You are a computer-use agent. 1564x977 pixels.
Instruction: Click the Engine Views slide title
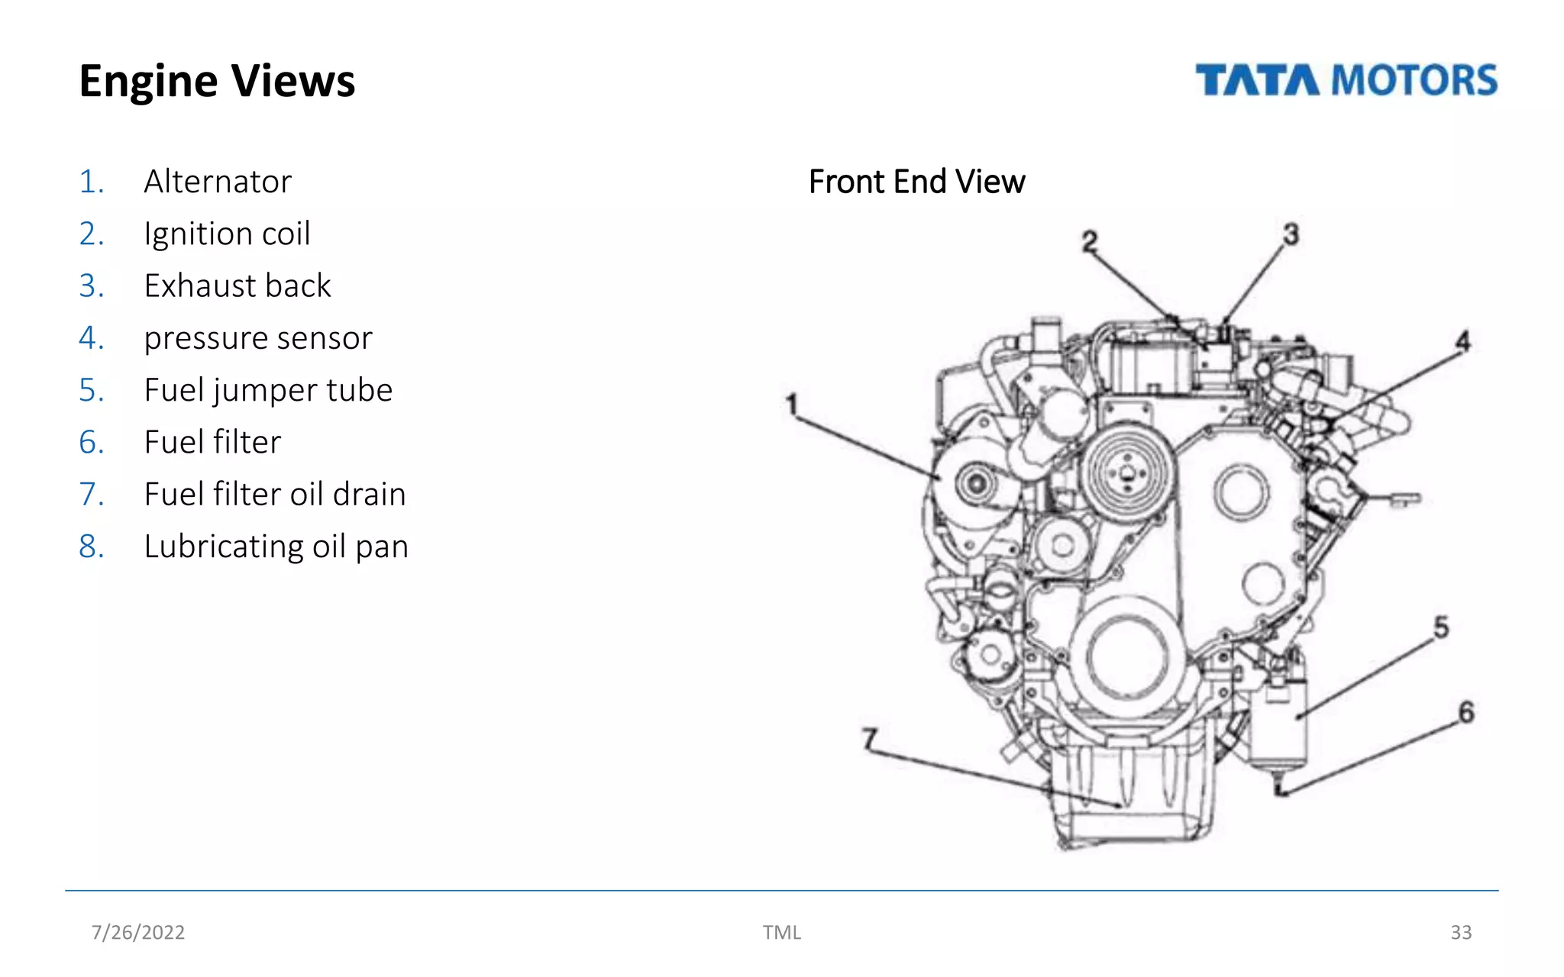[217, 81]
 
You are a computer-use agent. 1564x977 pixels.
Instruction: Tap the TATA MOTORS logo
[1346, 81]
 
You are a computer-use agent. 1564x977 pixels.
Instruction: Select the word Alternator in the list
[218, 182]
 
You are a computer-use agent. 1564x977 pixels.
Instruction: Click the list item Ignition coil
[227, 234]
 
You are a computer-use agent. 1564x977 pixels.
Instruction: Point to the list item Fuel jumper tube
[268, 390]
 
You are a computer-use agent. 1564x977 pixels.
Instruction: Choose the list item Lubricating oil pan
[276, 547]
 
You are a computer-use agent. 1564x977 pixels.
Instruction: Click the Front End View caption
[916, 182]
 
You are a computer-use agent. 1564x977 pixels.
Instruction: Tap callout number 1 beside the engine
[792, 405]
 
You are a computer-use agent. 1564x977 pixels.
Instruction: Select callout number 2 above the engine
[1090, 242]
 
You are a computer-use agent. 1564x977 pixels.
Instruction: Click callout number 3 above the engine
[1291, 234]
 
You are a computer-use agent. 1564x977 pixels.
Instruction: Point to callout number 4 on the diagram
[1462, 341]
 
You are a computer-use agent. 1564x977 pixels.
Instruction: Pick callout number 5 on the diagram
[1441, 627]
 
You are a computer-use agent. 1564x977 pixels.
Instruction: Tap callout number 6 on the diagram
[1466, 712]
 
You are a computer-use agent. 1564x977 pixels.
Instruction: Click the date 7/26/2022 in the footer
[138, 932]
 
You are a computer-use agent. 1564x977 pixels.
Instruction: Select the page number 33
[1460, 932]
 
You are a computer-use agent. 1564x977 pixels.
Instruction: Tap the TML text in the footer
[781, 932]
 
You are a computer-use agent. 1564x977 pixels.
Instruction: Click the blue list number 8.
[91, 547]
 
